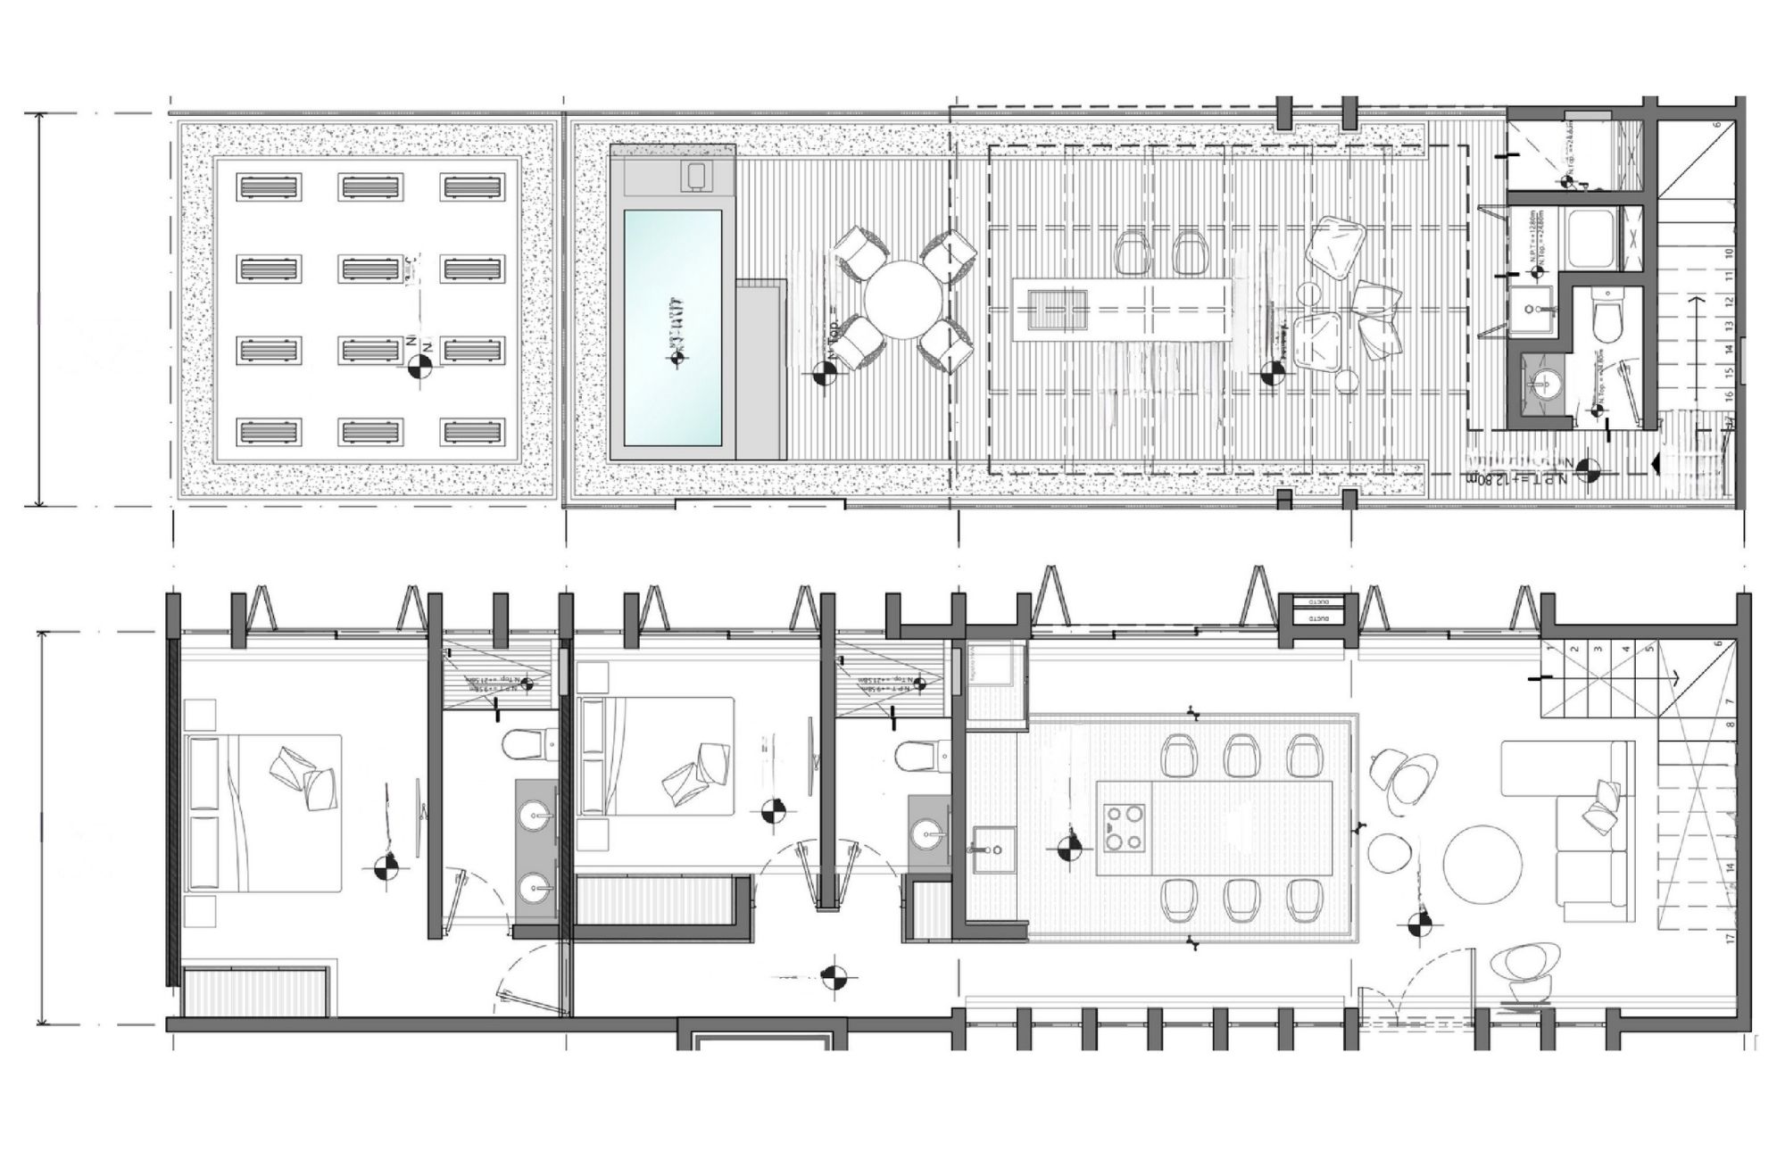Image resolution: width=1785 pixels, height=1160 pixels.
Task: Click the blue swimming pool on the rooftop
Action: click(x=672, y=327)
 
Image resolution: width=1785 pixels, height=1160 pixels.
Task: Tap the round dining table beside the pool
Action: click(x=904, y=299)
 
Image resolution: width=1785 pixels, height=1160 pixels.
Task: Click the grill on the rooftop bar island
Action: click(x=1058, y=310)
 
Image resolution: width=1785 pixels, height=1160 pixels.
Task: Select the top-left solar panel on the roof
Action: click(x=270, y=187)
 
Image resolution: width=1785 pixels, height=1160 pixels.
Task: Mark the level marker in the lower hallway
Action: click(x=834, y=976)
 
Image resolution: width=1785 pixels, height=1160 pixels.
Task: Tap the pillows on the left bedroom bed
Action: click(x=302, y=772)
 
